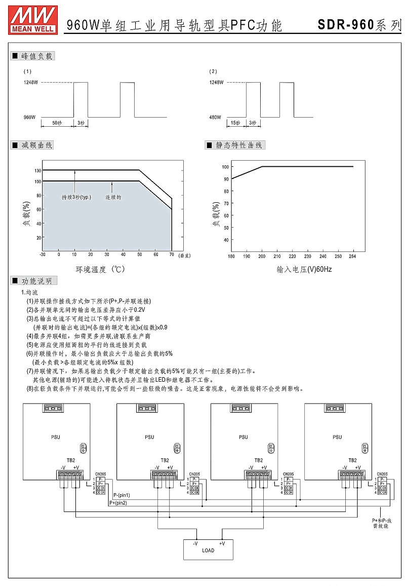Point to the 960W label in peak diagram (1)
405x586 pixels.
[x=30, y=117]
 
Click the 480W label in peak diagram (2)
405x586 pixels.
[x=215, y=117]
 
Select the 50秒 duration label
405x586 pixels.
[x=57, y=123]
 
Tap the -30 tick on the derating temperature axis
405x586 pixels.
[x=43, y=254]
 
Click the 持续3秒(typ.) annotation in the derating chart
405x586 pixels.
[x=76, y=197]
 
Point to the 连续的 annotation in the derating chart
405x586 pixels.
[x=113, y=197]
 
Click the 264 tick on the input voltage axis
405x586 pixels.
[x=352, y=257]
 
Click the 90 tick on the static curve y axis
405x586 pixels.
[x=225, y=179]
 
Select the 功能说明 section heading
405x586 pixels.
[x=33, y=281]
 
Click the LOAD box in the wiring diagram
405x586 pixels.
[x=208, y=550]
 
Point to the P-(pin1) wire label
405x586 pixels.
[x=121, y=495]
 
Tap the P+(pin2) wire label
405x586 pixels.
[x=118, y=503]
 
